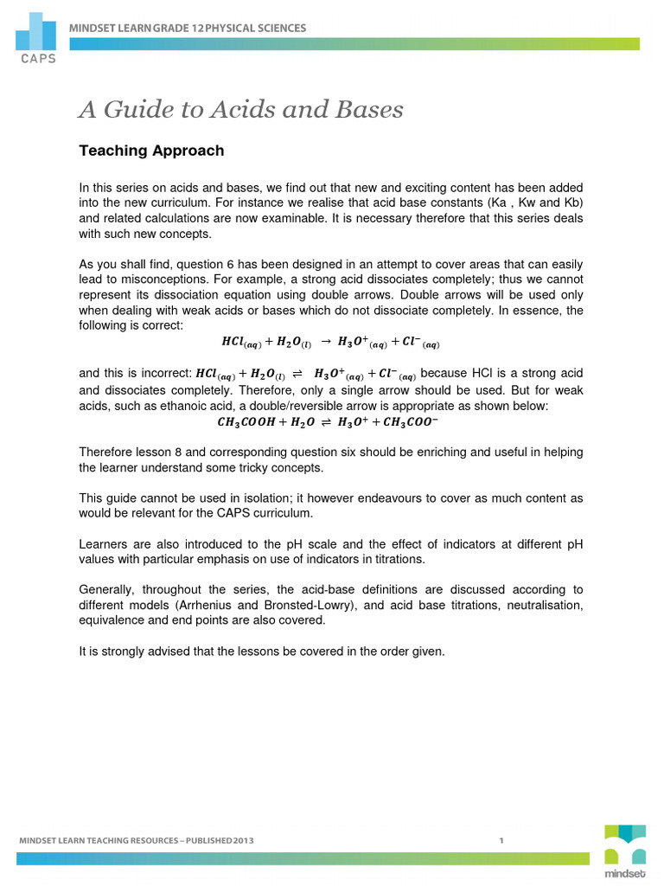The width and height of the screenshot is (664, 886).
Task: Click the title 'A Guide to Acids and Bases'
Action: tap(241, 110)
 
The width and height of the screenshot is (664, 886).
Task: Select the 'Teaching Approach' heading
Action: tap(151, 151)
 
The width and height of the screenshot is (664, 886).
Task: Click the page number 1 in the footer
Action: tap(501, 840)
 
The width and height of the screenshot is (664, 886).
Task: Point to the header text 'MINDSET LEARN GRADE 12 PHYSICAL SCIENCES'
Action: tap(188, 29)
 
